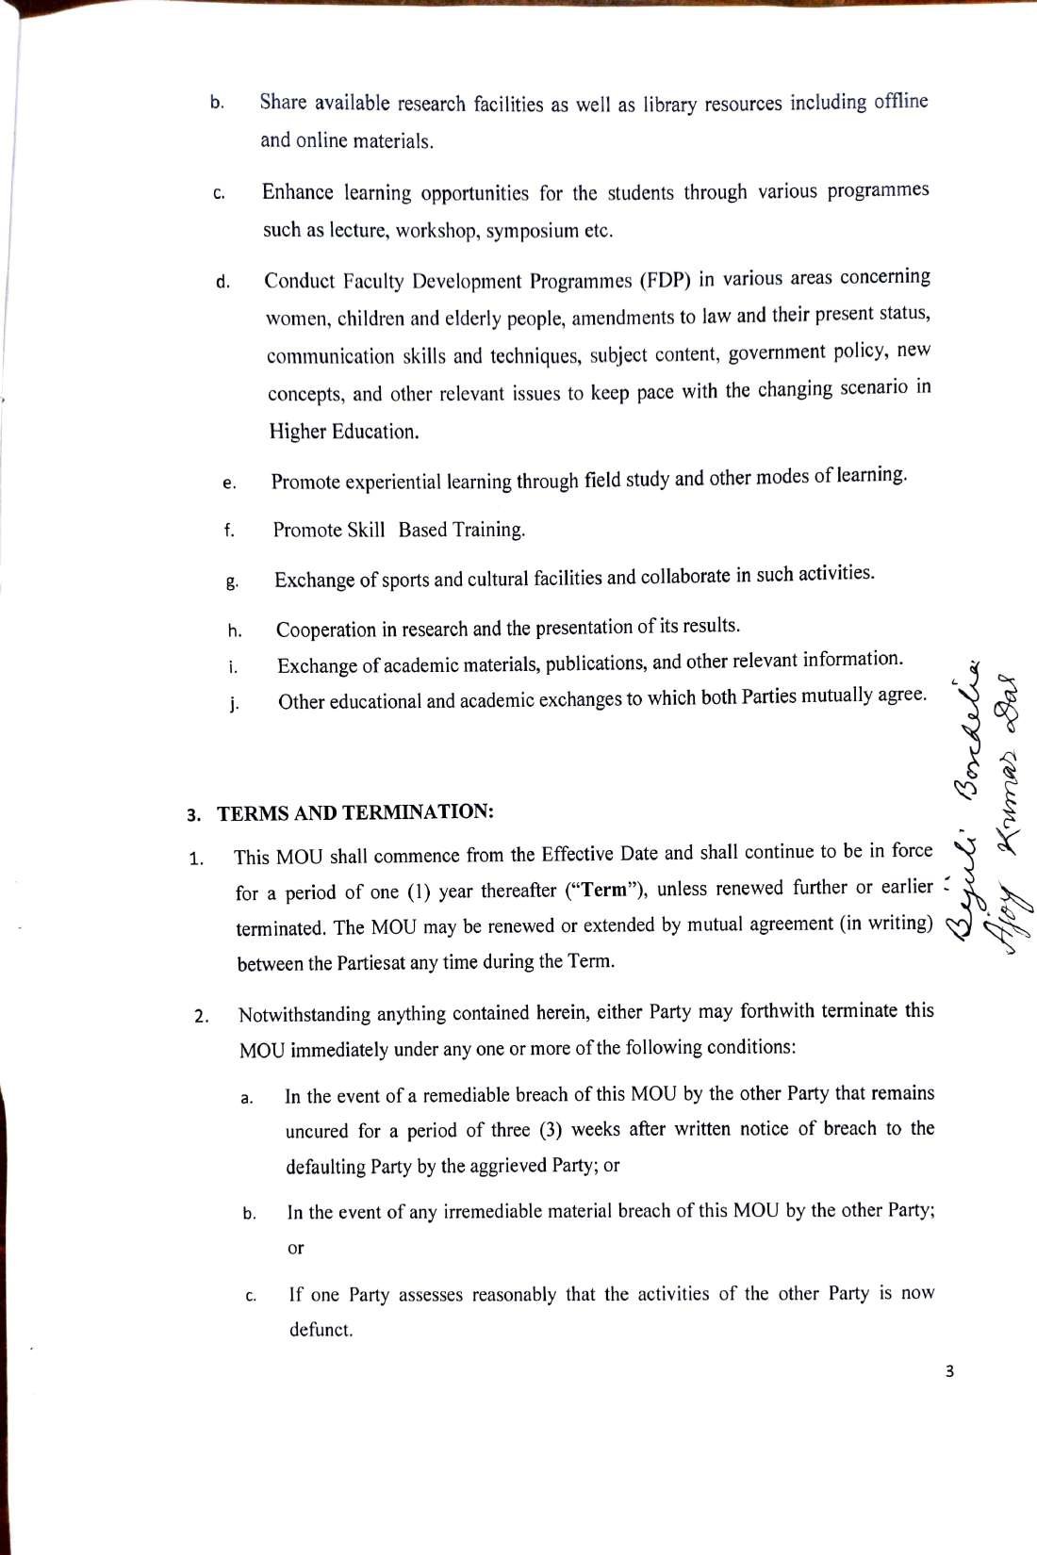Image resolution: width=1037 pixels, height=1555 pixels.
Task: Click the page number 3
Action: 949,1372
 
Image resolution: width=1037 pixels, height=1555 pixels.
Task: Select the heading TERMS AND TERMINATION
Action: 355,811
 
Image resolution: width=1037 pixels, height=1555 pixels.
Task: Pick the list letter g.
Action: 232,582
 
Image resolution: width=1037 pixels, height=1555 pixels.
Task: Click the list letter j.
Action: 233,704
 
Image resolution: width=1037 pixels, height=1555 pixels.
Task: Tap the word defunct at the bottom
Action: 321,1330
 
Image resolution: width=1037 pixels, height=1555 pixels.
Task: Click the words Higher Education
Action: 343,432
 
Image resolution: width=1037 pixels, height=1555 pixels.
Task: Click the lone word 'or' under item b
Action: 295,1248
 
